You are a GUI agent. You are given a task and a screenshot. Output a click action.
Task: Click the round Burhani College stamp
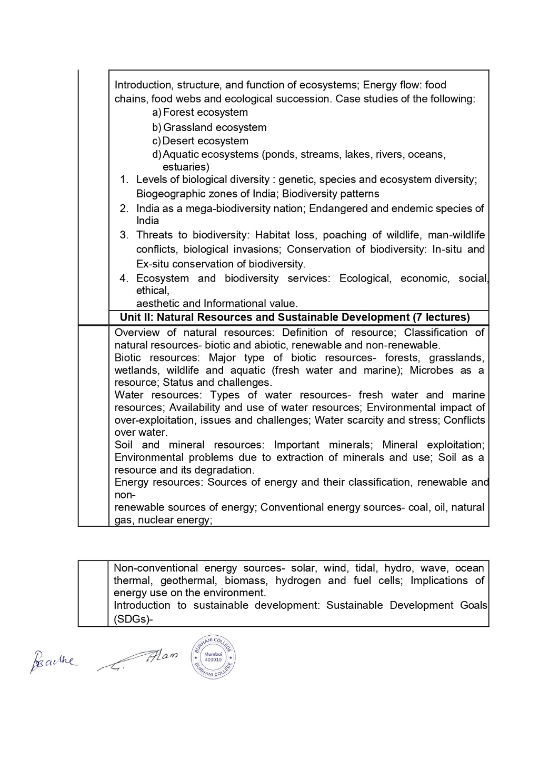(213, 657)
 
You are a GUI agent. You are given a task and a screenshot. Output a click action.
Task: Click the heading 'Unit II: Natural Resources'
(294, 317)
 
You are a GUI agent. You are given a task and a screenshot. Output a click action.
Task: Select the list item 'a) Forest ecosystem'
(201, 113)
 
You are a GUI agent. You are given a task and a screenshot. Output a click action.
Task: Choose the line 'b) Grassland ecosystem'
(210, 127)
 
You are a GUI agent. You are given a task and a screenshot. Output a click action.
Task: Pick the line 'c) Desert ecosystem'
(201, 141)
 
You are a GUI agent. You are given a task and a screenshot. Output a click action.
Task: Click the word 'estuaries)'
(186, 167)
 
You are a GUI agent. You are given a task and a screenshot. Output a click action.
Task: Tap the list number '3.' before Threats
(124, 235)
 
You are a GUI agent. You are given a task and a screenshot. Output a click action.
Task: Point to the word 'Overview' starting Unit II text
(137, 333)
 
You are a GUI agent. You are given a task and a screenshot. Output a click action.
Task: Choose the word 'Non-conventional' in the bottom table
(156, 568)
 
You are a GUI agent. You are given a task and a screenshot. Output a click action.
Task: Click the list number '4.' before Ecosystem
(124, 278)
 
